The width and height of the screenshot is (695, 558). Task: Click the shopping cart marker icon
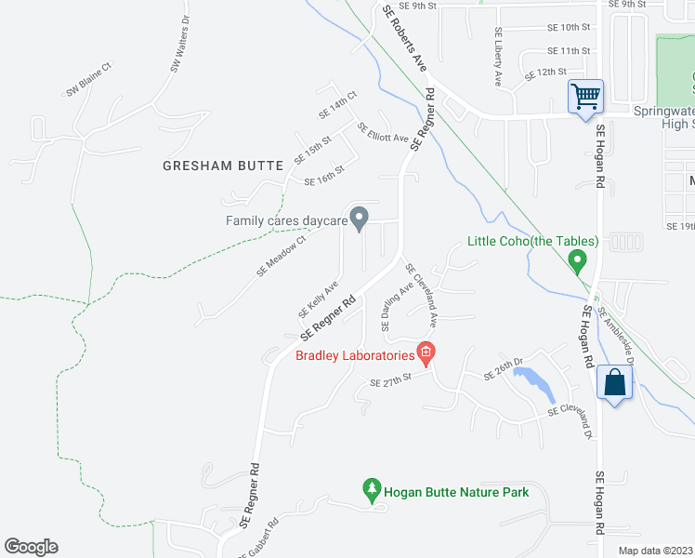tap(586, 96)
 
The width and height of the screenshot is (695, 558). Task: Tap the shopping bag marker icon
tap(616, 382)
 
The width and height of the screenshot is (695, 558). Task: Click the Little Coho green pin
tap(578, 260)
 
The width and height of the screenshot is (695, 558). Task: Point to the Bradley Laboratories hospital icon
tap(426, 352)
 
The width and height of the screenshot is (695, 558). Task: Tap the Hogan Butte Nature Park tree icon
tap(372, 488)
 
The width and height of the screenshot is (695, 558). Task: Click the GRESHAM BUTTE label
tap(222, 166)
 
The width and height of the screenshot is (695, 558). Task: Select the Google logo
tap(31, 547)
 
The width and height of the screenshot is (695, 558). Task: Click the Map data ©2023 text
tap(655, 551)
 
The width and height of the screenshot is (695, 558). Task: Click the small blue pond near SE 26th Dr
tap(529, 379)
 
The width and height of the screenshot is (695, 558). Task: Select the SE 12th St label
tap(545, 73)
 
